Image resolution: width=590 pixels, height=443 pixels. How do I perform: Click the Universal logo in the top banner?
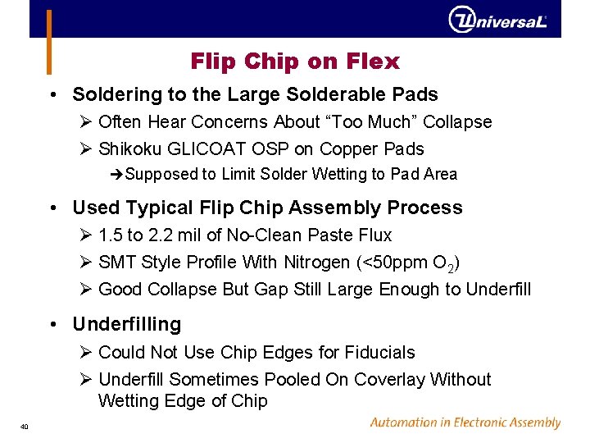[497, 19]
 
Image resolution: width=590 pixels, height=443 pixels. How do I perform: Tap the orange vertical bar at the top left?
[48, 41]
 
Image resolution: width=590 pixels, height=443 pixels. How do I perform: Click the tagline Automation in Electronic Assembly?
[465, 423]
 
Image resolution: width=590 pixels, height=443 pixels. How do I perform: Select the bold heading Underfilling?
[127, 325]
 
